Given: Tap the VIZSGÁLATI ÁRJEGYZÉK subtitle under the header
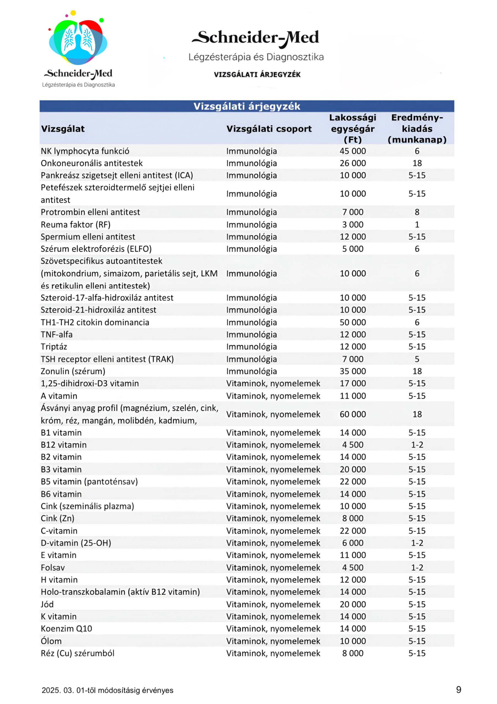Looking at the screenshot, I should [257, 75].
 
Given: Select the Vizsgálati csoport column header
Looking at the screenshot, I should [269, 129].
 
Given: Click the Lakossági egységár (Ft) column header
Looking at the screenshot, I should [353, 128].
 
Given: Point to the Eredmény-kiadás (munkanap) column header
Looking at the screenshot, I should [417, 128].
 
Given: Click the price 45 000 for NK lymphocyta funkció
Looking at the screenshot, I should [353, 151].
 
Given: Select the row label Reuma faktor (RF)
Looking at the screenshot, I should [75, 224].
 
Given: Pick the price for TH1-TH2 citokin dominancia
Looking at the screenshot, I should [353, 322].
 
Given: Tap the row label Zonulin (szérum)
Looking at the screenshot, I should [73, 371].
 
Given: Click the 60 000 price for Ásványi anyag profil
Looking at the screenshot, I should [353, 414].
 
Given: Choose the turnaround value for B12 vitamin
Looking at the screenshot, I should [417, 445].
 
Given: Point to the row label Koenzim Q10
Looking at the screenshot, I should [66, 629].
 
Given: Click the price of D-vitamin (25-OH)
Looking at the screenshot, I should [353, 543].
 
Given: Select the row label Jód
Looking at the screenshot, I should [47, 604].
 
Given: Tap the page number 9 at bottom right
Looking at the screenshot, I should [458, 690].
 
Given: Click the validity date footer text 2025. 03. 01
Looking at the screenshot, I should [107, 690].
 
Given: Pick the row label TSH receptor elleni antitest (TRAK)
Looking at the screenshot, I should [107, 359].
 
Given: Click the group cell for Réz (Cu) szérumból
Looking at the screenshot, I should [273, 653].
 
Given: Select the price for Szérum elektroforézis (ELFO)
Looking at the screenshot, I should [353, 249].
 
